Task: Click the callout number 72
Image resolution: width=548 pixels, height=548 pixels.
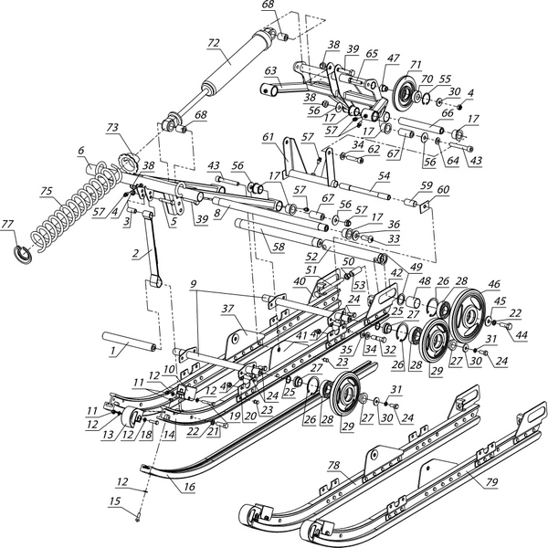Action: pyautogui.click(x=214, y=43)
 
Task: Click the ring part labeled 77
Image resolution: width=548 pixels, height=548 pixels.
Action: pyautogui.click(x=25, y=252)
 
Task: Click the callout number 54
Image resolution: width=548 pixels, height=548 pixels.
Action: pyautogui.click(x=384, y=175)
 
